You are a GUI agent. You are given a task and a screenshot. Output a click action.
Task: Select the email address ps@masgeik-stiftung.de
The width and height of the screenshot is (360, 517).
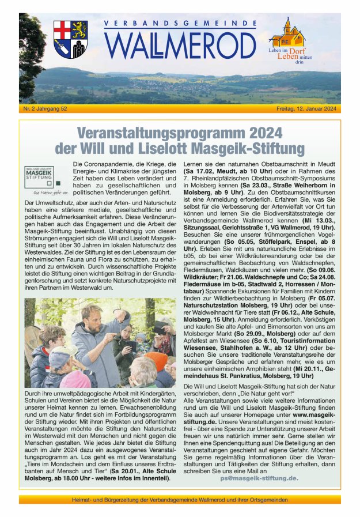(259, 478)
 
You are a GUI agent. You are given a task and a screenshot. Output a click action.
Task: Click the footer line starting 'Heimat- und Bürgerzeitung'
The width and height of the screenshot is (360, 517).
(180, 500)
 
